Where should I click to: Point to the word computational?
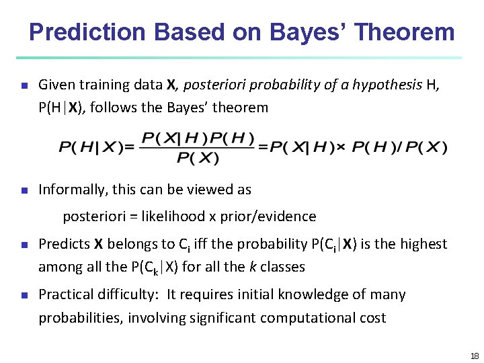pos(299,317)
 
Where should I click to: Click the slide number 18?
pos(474,356)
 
